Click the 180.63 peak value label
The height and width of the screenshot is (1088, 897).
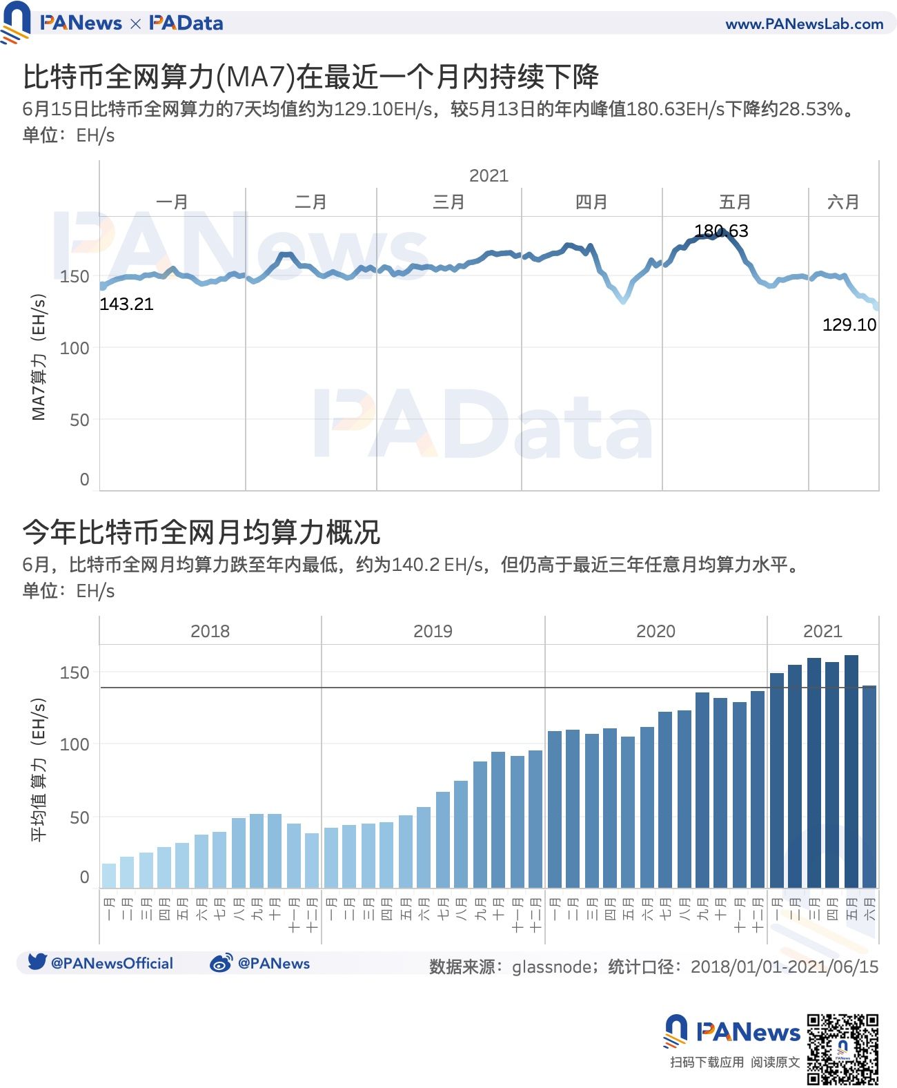click(720, 231)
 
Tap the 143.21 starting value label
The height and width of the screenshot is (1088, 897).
click(126, 304)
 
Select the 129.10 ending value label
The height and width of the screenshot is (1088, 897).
click(849, 324)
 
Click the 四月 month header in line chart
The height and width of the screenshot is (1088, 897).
click(591, 202)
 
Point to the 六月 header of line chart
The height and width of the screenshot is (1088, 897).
click(843, 202)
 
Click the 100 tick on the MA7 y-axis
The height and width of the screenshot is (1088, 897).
click(75, 348)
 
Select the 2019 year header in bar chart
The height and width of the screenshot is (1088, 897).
click(433, 631)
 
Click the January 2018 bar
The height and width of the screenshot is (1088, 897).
click(109, 875)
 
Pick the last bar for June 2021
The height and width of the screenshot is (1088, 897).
click(869, 786)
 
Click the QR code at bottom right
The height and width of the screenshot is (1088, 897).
click(842, 1049)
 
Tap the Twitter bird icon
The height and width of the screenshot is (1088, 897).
click(37, 962)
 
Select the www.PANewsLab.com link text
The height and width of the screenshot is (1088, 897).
click(804, 24)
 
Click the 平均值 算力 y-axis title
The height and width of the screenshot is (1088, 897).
click(39, 769)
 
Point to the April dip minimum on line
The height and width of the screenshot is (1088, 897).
click(623, 301)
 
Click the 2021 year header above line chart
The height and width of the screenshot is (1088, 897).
click(489, 175)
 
